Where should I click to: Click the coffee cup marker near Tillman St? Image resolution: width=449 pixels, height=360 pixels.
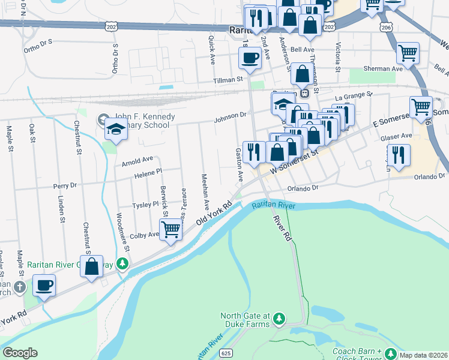pyautogui.click(x=249, y=58)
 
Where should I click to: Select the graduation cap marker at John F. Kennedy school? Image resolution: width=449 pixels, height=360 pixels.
pyautogui.click(x=116, y=128)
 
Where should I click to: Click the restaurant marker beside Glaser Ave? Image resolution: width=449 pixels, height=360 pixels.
pyautogui.click(x=399, y=154)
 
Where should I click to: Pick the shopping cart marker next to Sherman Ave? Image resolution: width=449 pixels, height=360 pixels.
pyautogui.click(x=408, y=53)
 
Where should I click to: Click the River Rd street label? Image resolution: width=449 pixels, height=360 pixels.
pyautogui.click(x=282, y=227)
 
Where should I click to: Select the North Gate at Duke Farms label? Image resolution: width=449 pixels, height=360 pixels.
pyautogui.click(x=246, y=320)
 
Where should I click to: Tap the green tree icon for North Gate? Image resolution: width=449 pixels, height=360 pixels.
pyautogui.click(x=279, y=320)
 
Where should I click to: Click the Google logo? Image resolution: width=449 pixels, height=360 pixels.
pyautogui.click(x=20, y=353)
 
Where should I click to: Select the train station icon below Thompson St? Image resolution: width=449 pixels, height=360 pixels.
pyautogui.click(x=305, y=93)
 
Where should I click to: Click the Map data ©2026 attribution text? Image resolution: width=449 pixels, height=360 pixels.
pyautogui.click(x=424, y=355)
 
